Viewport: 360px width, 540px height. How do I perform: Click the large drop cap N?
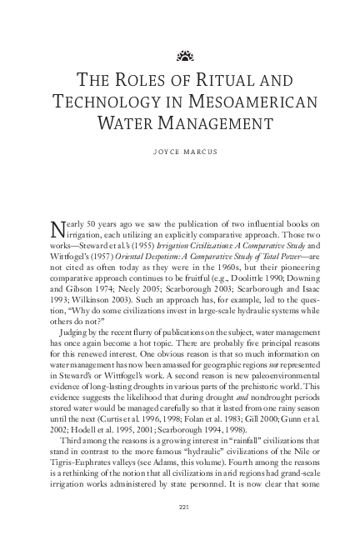pyautogui.click(x=57, y=230)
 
